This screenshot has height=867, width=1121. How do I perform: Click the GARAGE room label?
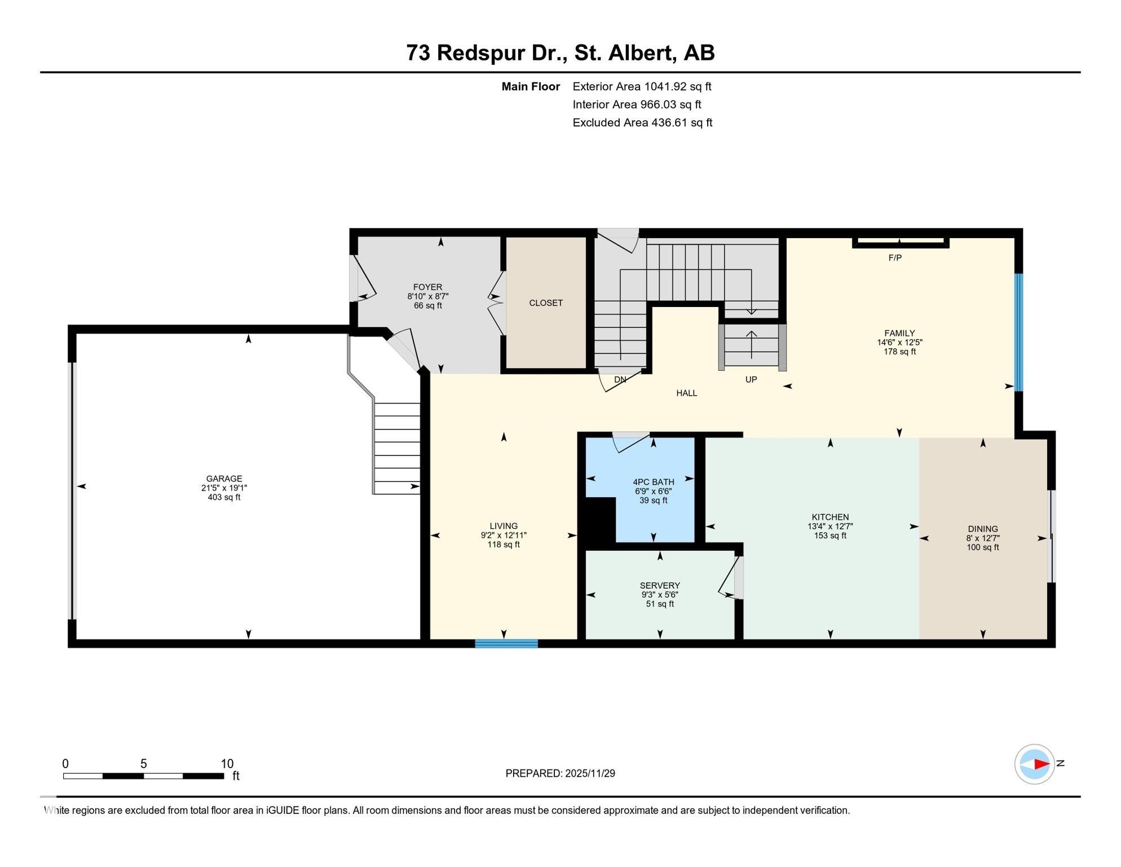[x=224, y=479]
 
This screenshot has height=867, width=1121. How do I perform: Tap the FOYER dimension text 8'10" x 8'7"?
[x=427, y=296]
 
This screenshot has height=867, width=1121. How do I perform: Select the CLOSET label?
[x=545, y=303]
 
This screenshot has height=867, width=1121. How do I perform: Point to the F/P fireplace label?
[x=895, y=258]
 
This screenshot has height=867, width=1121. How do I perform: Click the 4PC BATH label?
[x=653, y=482]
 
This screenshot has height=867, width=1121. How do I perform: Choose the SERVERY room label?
[x=659, y=585]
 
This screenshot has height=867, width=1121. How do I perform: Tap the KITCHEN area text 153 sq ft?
[x=829, y=536]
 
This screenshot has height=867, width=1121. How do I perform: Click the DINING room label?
[x=982, y=529]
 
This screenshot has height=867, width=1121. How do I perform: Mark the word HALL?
[x=686, y=393]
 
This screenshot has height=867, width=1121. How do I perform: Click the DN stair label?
[x=620, y=380]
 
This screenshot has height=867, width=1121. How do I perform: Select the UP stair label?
[x=751, y=380]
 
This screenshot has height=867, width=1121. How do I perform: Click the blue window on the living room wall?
[x=506, y=643]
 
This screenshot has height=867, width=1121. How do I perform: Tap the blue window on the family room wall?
[x=1018, y=332]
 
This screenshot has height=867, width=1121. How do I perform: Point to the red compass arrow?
[x=1040, y=764]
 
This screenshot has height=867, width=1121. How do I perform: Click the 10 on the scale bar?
[x=227, y=764]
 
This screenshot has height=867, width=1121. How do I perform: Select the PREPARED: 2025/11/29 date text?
[x=560, y=773]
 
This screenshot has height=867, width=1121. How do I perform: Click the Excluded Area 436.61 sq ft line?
[x=642, y=122]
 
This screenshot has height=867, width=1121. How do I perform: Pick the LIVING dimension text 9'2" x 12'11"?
[x=503, y=536]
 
